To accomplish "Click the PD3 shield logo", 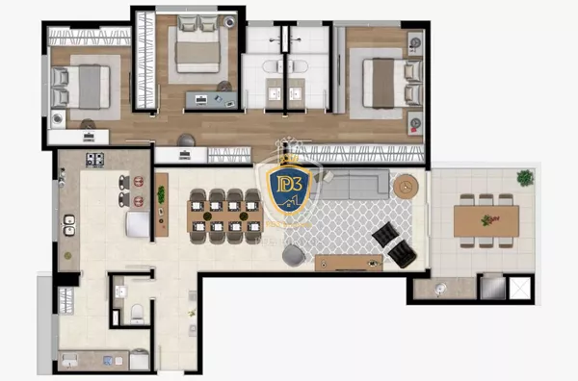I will pos(287,190).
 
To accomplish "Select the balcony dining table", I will pos(486,220).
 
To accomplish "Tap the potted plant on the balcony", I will pos(525,178).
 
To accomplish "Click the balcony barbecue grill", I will pos(491,287).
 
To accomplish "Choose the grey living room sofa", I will pos(354,184).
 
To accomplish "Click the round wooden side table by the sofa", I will pos(405,185).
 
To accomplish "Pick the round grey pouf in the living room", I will pos(293,254).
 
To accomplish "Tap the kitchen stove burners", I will pos(95,160).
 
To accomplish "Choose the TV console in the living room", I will pos(348,263).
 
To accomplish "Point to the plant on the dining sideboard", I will pos(161,199).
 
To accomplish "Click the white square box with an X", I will pos(519,288).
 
